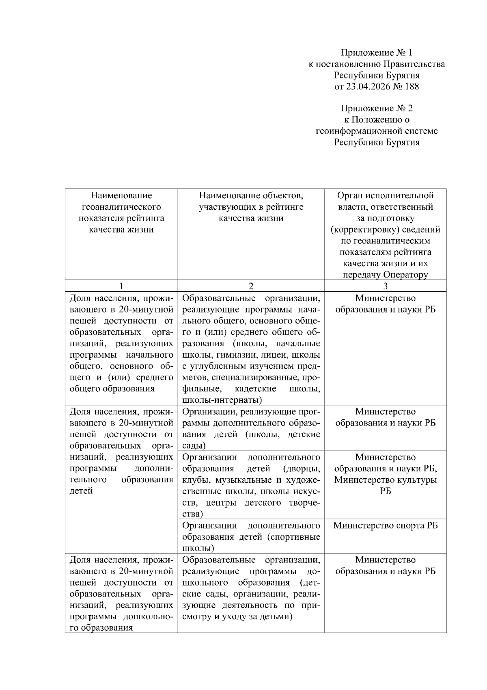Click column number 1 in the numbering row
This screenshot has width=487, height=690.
click(x=121, y=286)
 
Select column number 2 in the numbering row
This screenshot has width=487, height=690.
click(x=251, y=286)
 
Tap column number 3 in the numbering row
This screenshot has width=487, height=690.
click(x=385, y=286)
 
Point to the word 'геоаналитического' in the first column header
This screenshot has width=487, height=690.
click(x=121, y=207)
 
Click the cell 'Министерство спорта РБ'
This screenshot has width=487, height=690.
click(x=385, y=525)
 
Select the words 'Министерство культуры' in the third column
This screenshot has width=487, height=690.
click(x=385, y=480)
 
